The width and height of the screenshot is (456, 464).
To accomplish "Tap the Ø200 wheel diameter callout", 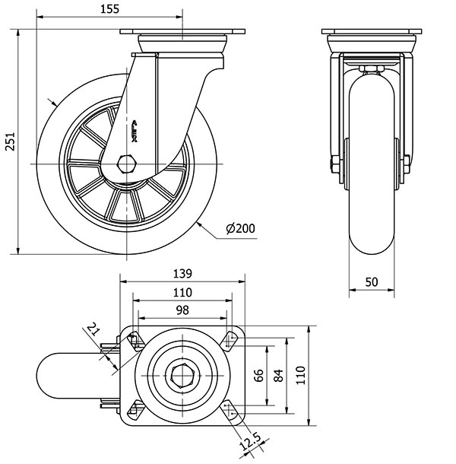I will coord(240,228).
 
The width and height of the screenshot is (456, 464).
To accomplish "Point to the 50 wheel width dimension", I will coord(372,281).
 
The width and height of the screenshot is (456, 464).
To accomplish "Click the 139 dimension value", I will coord(182,274).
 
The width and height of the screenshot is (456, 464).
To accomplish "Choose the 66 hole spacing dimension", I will coord(258,374).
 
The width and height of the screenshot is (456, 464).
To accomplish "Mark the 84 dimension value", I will coord(280,374).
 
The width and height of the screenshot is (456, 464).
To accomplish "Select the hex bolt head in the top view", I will coord(182,375).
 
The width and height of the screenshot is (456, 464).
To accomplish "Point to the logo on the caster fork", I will coord(135,129).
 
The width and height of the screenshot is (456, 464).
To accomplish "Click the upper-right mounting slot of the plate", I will coord(230,339).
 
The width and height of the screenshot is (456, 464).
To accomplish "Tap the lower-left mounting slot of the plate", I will coord(135,411).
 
